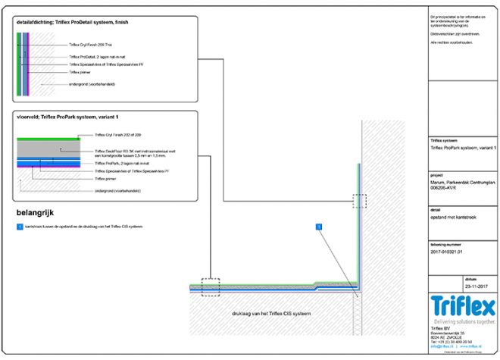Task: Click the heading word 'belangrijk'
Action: (36, 213)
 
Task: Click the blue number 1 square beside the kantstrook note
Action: (19, 226)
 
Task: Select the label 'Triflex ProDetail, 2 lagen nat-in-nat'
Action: (96, 57)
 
